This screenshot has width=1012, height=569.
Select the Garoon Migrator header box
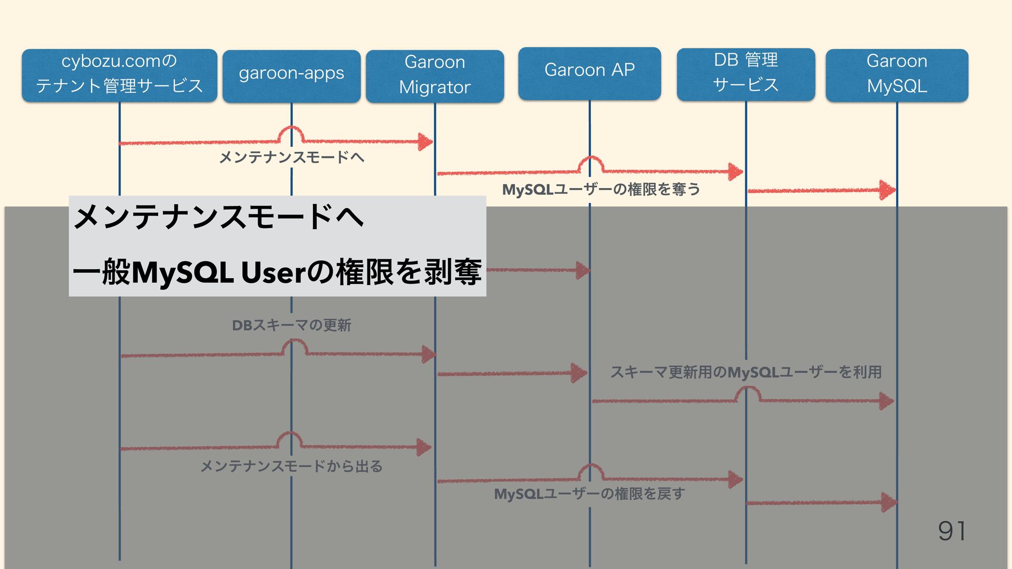[x=435, y=75]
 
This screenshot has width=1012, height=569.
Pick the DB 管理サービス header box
[x=746, y=74]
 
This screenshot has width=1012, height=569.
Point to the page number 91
[x=952, y=531]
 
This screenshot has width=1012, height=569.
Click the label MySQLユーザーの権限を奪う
[x=601, y=189]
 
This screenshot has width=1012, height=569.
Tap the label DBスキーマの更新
[x=291, y=325]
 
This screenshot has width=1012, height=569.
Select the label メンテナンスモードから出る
[x=291, y=466]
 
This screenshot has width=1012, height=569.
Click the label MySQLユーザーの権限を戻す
[x=589, y=494]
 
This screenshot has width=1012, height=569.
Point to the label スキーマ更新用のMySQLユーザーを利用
[x=746, y=372]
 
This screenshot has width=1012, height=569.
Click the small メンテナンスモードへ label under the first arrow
[x=291, y=157]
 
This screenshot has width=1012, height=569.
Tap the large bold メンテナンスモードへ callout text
[x=219, y=217]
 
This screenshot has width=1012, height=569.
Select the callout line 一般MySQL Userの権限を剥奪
[x=277, y=272]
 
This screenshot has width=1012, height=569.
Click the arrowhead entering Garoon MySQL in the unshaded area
[x=888, y=190]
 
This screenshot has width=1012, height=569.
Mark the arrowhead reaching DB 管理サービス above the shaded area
[x=735, y=172]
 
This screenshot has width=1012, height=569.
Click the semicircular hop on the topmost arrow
[x=291, y=134]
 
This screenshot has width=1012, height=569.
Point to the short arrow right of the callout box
[x=538, y=270]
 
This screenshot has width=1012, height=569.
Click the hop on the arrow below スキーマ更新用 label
[x=748, y=394]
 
